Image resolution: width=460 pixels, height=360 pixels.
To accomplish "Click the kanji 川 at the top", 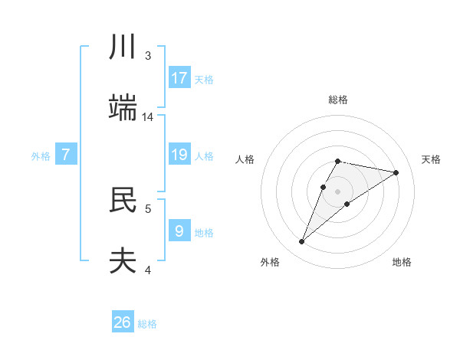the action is click(123, 47).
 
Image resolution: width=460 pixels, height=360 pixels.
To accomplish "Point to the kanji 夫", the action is click(123, 260).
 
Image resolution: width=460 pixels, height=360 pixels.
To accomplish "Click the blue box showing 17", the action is click(179, 78).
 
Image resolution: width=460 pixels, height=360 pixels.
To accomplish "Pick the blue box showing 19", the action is click(179, 155).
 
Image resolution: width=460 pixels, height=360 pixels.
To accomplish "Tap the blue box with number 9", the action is click(179, 231).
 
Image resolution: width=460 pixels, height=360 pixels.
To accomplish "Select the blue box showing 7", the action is click(66, 155).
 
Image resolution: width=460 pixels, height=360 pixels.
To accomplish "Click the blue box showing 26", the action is click(123, 322).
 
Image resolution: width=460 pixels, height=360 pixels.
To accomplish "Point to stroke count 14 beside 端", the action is click(148, 117).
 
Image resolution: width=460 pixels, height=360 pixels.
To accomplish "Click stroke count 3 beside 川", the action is click(148, 56).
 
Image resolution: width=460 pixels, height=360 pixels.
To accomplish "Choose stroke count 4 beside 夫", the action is click(148, 270).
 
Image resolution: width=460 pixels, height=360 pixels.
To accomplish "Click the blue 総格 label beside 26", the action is click(147, 324).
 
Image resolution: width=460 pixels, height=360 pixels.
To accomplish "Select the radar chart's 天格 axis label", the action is click(431, 159).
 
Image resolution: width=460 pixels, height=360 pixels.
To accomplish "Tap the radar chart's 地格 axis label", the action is click(402, 262).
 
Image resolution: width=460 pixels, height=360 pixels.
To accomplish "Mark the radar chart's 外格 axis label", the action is click(270, 262).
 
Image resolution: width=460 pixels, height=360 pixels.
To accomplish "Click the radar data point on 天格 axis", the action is click(396, 172).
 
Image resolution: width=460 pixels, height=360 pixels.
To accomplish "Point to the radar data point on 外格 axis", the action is click(302, 242).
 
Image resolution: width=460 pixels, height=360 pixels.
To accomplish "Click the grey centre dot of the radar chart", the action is click(337, 191).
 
